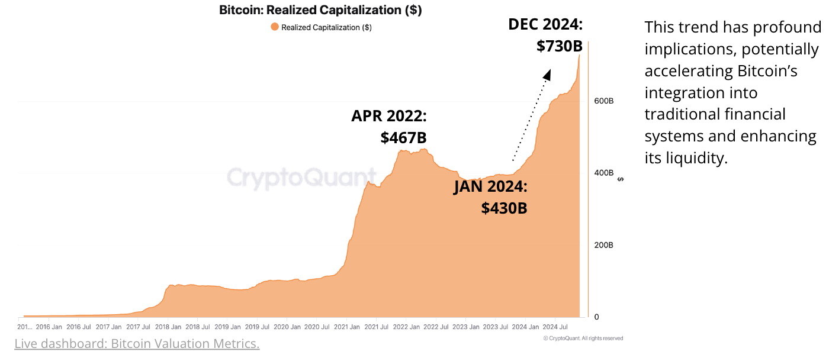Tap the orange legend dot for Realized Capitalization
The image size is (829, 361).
tap(274, 27)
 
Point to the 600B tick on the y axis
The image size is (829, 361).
tap(604, 101)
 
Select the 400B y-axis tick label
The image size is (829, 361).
tap(604, 173)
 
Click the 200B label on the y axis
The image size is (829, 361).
tap(604, 245)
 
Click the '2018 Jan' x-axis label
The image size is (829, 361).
tap(168, 327)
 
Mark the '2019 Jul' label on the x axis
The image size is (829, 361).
tap(256, 327)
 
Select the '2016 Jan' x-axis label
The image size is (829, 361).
tap(49, 327)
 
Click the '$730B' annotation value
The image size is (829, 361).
tap(560, 46)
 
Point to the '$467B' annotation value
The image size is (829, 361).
tap(403, 137)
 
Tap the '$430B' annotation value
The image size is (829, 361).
tap(504, 208)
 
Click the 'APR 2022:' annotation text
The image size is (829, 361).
tap(389, 115)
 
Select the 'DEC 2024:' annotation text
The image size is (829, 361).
tap(545, 24)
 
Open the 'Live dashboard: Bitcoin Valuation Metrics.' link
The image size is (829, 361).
tap(137, 344)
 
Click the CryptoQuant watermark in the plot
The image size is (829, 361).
tap(302, 178)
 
